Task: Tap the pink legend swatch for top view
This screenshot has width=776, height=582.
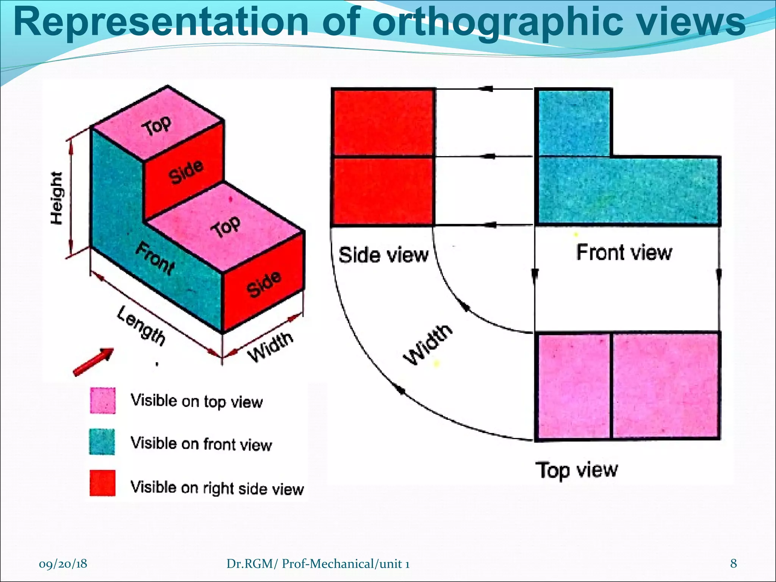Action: pos(103,401)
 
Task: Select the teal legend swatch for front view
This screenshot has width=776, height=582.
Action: pos(102,442)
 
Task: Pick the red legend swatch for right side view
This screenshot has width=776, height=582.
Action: pos(103,483)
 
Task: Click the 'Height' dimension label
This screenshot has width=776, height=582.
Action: pos(57,198)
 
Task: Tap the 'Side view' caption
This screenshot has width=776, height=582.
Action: pos(383,255)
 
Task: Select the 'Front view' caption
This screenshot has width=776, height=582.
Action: pos(624,252)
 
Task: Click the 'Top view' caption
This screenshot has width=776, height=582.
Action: pos(576,470)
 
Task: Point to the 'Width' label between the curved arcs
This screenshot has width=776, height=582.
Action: pos(428,345)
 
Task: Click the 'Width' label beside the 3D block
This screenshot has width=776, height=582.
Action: pos(270,346)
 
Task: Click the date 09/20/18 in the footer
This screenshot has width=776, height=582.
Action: pos(63,564)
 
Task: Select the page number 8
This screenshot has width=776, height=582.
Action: pos(734,563)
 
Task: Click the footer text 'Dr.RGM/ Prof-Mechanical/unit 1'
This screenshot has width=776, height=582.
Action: pos(318,564)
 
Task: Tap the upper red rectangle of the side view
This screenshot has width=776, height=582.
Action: pos(383,122)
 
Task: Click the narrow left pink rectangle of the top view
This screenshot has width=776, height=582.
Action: pos(573,386)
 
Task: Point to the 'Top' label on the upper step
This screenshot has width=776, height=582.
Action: pos(156,125)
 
